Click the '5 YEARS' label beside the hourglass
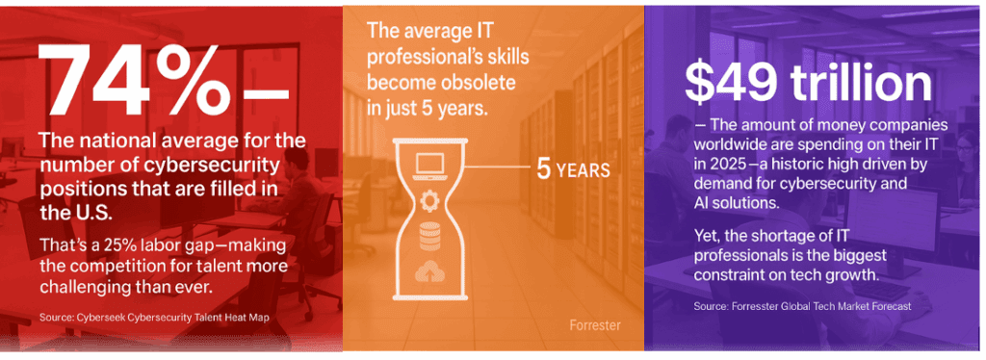coord(573,170)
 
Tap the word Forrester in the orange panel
coord(590,325)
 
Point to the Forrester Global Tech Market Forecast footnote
coord(802,306)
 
